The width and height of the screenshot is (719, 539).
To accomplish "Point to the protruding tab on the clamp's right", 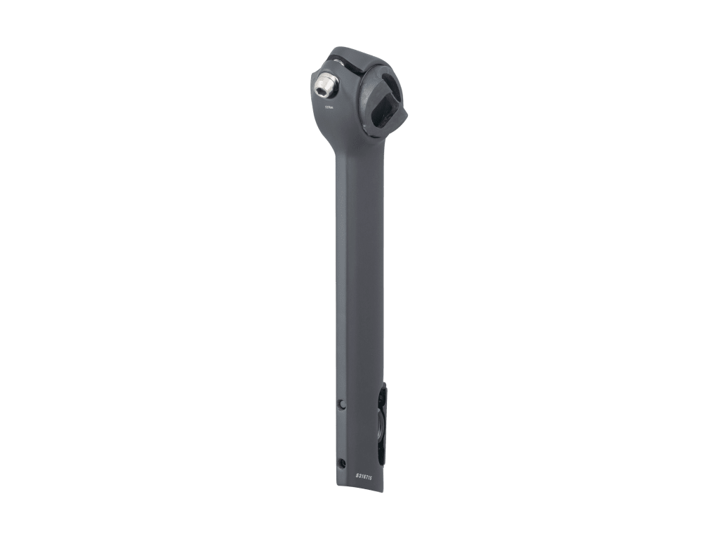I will pyautogui.click(x=404, y=116).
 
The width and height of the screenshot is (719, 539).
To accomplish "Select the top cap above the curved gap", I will pyautogui.click(x=358, y=55).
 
